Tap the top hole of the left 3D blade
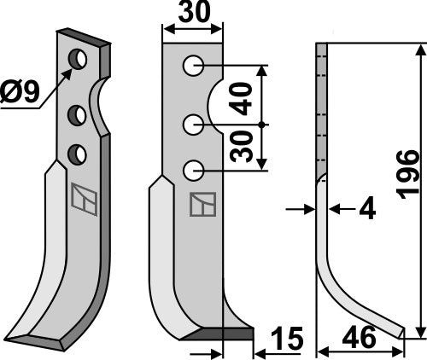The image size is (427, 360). point(79,60)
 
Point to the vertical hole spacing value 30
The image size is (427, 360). point(244,146)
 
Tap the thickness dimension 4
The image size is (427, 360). point(366,209)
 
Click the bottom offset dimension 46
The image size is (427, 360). point(360,339)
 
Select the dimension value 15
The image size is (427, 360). point(287,339)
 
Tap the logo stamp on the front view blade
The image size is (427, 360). point(202,206)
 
